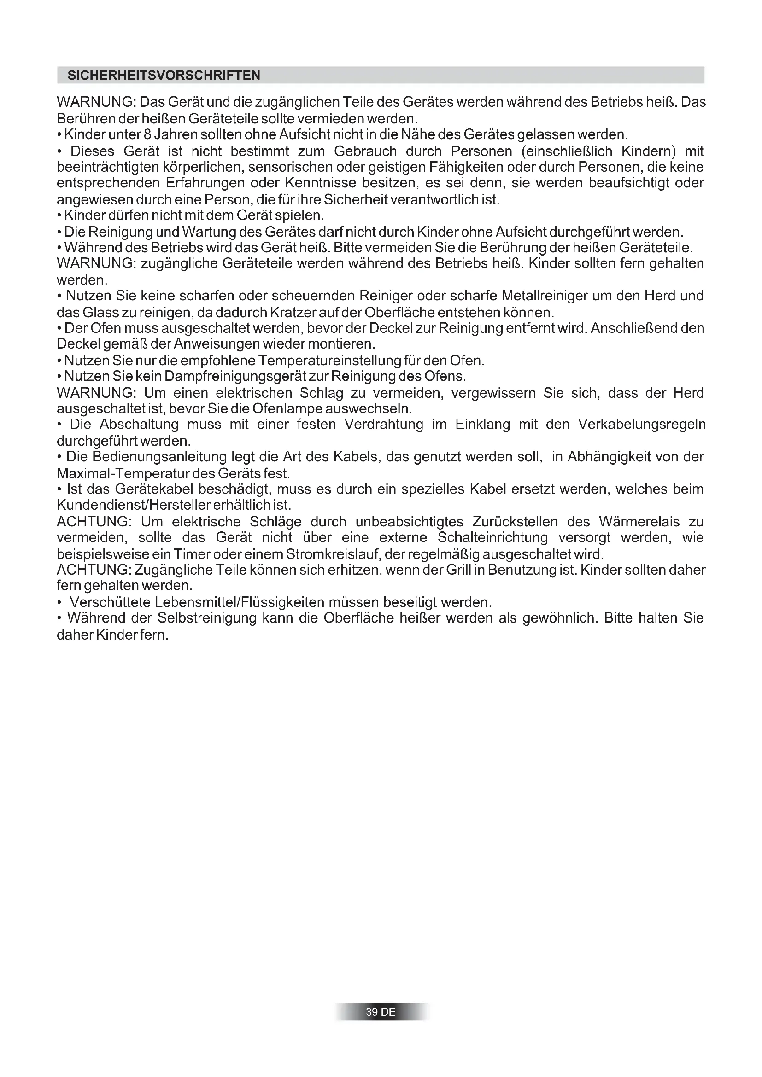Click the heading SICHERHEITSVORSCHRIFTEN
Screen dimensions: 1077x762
coord(164,76)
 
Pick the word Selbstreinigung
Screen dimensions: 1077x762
coord(207,618)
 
